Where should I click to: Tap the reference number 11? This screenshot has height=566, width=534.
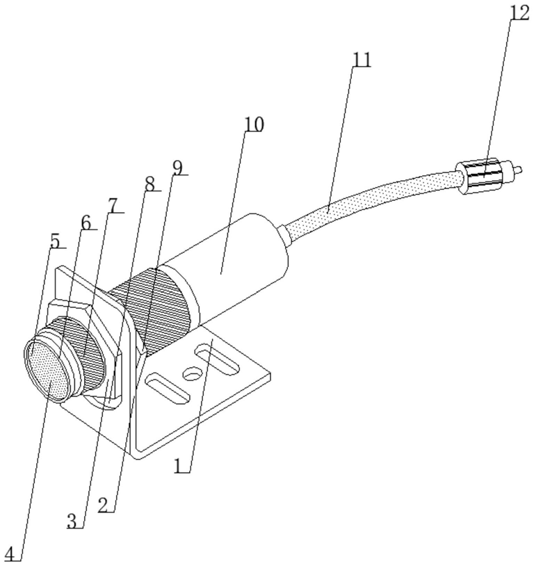tap(362, 60)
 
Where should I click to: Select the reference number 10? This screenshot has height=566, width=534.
tap(254, 124)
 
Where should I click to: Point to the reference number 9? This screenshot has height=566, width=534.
tap(178, 167)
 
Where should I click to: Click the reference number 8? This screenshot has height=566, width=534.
tap(149, 184)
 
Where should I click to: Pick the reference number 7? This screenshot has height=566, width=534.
tap(113, 205)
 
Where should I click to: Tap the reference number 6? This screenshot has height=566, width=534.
tap(86, 223)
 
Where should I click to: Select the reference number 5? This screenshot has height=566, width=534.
tap(55, 241)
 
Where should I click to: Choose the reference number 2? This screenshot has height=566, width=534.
tap(104, 505)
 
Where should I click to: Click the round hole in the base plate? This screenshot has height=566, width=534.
tap(192, 373)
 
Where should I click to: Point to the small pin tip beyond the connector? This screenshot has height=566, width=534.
tap(519, 169)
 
